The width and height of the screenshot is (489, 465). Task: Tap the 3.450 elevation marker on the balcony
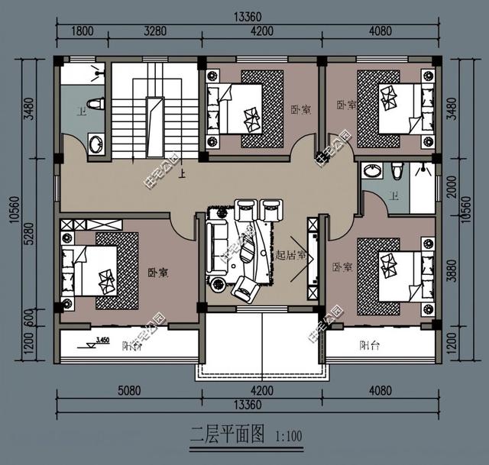tap(99, 338)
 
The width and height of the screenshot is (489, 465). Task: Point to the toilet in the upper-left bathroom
tap(96, 104)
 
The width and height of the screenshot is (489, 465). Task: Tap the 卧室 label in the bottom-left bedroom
tap(158, 273)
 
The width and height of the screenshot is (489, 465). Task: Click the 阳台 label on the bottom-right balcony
tap(371, 345)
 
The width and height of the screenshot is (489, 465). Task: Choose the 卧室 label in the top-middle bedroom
tap(300, 110)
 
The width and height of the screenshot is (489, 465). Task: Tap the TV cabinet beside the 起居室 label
tap(313, 257)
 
